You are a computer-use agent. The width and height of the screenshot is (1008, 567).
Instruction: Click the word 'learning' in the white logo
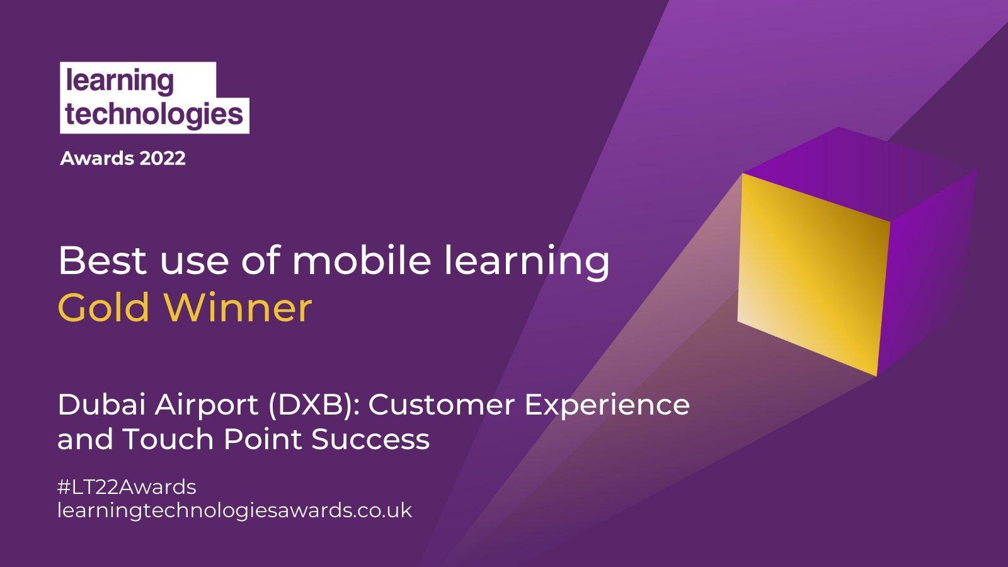tap(119, 82)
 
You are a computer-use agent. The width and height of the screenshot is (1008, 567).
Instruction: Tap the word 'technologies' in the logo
tap(154, 114)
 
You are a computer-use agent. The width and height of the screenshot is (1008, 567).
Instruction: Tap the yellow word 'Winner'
tap(238, 308)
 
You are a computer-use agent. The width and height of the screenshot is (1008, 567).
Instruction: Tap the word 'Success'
tap(370, 439)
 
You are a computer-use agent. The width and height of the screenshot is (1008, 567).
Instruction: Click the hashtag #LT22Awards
tap(127, 487)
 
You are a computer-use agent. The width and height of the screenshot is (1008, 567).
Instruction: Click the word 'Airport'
tap(207, 406)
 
